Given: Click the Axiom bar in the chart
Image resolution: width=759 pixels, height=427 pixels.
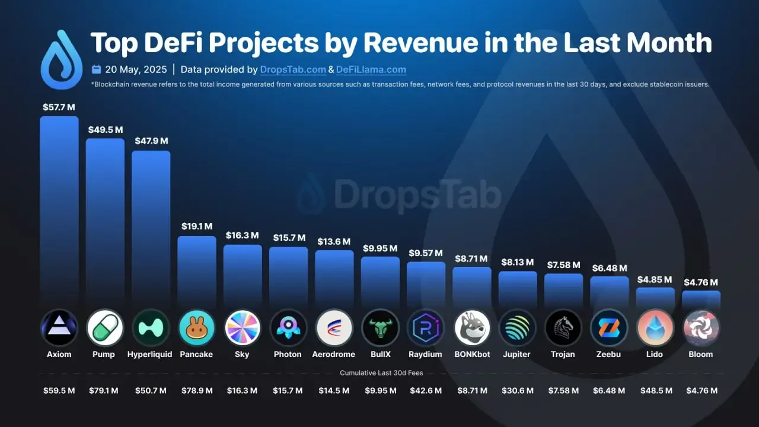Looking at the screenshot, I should click(x=59, y=211).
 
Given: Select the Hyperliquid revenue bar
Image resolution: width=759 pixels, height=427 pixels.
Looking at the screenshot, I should click(x=151, y=228).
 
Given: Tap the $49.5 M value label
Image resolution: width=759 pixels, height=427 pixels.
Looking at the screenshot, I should click(x=106, y=129).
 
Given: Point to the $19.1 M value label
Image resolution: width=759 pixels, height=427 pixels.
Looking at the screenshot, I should click(x=196, y=227).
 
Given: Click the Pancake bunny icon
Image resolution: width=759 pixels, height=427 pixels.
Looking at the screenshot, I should click(x=196, y=328).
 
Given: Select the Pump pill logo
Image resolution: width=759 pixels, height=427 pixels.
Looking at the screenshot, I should click(x=105, y=328).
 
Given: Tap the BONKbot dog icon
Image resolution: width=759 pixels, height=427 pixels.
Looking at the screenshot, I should click(x=472, y=328).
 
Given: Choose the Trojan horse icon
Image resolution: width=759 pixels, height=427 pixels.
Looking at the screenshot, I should click(x=563, y=328).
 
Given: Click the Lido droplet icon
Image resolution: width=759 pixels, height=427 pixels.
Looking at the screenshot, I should click(x=655, y=328).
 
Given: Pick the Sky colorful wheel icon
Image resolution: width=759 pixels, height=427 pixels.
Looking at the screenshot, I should click(x=243, y=328).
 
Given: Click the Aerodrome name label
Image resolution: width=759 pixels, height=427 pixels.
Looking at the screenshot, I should click(x=334, y=355).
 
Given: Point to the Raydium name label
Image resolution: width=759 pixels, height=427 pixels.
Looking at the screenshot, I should click(x=426, y=355).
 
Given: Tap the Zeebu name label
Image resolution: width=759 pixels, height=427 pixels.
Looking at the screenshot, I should click(x=609, y=355).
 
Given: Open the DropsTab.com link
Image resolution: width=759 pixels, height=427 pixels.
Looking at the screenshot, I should click(x=293, y=69).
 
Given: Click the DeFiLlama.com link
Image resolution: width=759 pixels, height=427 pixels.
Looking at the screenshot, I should click(x=371, y=69).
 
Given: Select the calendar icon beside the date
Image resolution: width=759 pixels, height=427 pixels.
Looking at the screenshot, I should click(x=97, y=69).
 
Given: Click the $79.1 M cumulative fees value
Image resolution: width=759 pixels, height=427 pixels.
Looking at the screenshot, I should click(x=105, y=391).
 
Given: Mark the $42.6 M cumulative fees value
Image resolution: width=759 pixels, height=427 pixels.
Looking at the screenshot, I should click(x=426, y=391).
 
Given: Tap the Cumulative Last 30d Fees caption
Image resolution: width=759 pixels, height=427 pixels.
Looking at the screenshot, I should click(x=381, y=373).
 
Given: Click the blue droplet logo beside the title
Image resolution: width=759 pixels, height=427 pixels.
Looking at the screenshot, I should click(x=61, y=60).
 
